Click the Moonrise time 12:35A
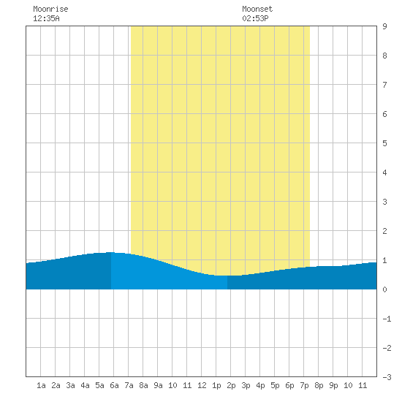(x=46, y=18)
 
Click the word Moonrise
(x=50, y=9)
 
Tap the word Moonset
(x=257, y=9)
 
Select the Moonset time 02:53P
(x=255, y=18)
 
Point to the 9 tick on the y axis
(x=384, y=26)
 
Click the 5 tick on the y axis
(x=384, y=143)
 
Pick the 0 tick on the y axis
(x=384, y=289)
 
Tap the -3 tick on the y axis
(x=387, y=377)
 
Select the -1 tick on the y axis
(x=387, y=319)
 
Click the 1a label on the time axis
(x=41, y=385)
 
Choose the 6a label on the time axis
(x=114, y=385)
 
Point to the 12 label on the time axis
(x=202, y=385)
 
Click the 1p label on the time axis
(x=216, y=385)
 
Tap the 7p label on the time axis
(x=304, y=385)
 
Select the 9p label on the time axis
(x=333, y=385)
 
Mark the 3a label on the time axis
(x=70, y=385)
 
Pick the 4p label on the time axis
(x=260, y=385)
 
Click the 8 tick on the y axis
(x=384, y=56)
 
